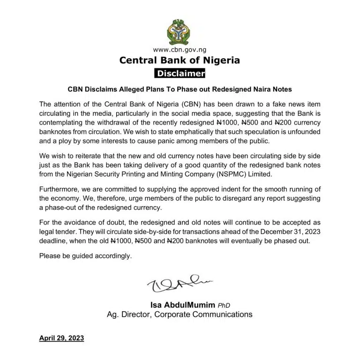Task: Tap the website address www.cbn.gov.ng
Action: [180, 49]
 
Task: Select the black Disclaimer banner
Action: [180, 74]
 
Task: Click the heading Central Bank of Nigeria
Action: [180, 60]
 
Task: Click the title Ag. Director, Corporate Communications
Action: [180, 315]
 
